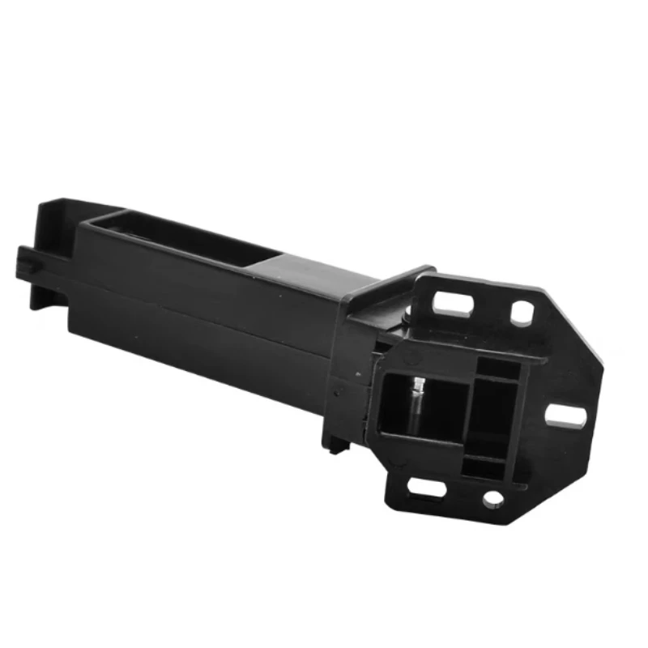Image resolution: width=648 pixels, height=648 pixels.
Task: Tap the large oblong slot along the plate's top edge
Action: click(x=453, y=305)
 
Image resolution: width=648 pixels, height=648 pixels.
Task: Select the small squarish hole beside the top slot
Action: click(x=522, y=313)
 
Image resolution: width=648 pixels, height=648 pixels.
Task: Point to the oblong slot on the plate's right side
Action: click(x=565, y=416)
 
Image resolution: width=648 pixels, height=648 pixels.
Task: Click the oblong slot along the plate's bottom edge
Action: click(x=427, y=488)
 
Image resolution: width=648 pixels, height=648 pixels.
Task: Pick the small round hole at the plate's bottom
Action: click(x=492, y=500)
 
